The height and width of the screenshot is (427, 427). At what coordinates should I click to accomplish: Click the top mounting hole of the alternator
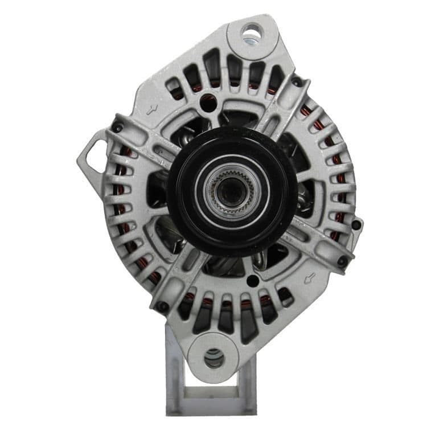click(251, 31)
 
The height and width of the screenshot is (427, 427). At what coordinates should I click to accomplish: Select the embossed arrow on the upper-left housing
click(152, 110)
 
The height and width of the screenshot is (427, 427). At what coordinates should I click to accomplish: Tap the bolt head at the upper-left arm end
click(117, 128)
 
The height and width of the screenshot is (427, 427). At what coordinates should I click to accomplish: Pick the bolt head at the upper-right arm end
click(296, 82)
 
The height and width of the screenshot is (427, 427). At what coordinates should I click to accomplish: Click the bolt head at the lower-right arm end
click(342, 261)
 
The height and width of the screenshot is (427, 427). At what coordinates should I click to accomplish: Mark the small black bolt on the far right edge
click(356, 224)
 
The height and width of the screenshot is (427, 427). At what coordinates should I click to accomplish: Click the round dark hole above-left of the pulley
click(208, 104)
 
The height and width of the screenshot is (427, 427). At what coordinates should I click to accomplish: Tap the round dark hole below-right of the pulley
click(252, 281)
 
